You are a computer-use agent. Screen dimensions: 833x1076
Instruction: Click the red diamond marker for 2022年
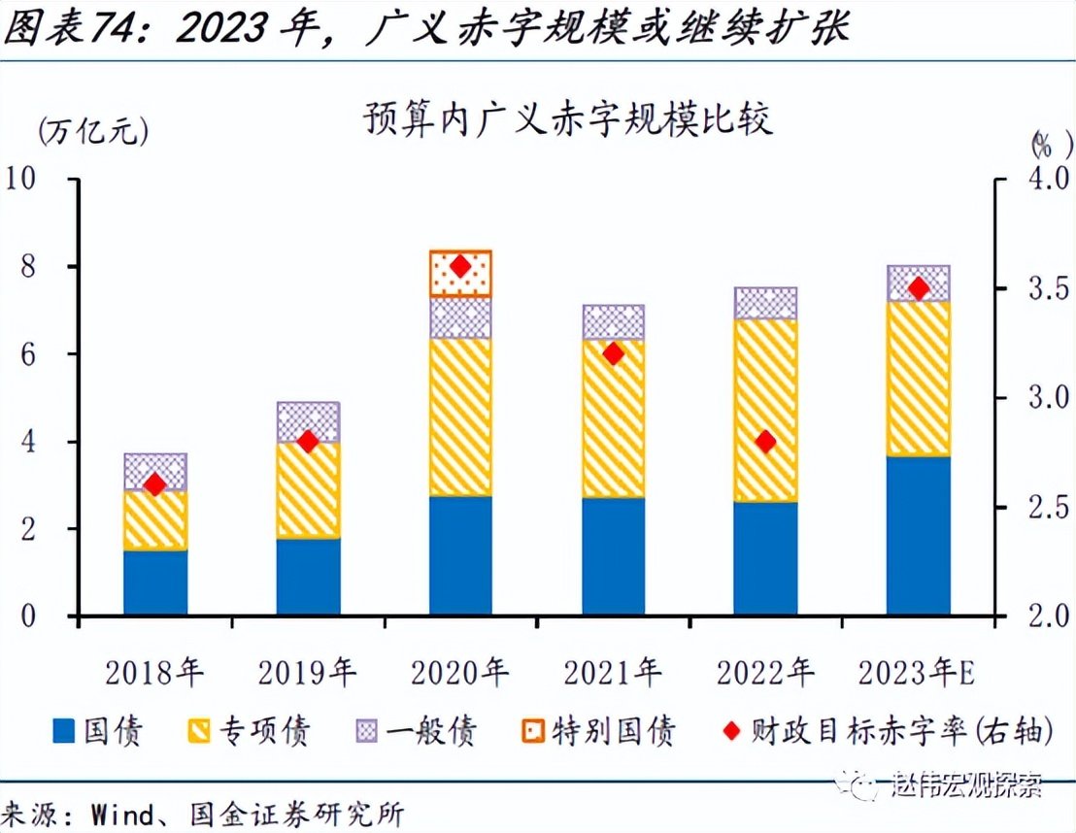point(765,442)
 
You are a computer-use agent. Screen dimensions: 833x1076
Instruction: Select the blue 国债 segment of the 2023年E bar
point(918,535)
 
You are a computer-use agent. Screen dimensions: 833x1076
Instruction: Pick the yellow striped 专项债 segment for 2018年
point(155,521)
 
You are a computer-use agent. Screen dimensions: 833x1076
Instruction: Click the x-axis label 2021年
point(613,671)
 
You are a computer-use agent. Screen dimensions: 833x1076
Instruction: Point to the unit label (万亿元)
point(93,130)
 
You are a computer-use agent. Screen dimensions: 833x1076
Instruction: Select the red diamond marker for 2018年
point(155,484)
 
